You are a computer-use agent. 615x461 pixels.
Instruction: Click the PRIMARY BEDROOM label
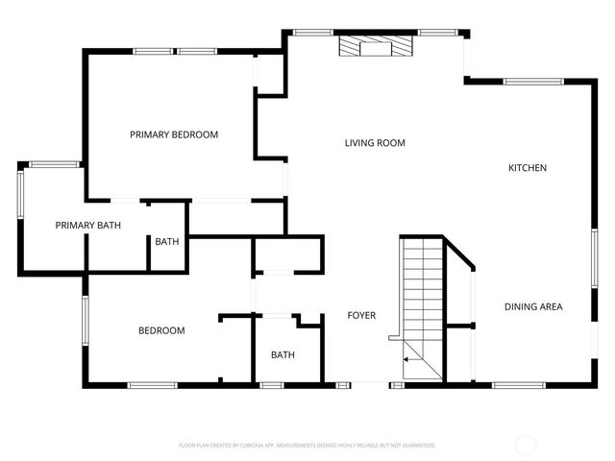174,135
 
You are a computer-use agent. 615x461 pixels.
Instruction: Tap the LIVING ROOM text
375,143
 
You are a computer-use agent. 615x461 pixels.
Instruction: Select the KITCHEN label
528,168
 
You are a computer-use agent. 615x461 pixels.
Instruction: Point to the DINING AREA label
533,307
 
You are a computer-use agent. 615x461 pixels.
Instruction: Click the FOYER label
361,316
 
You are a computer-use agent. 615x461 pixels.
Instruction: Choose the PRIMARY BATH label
87,226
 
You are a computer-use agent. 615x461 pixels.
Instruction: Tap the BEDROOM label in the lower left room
161,330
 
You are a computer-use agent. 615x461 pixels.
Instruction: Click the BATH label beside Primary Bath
167,242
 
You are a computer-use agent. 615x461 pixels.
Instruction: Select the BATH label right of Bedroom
283,355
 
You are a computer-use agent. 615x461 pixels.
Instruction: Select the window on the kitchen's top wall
533,82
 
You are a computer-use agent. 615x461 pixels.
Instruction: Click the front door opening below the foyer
371,385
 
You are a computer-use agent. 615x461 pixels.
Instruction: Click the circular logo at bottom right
526,445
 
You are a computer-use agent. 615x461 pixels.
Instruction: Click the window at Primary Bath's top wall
54,164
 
